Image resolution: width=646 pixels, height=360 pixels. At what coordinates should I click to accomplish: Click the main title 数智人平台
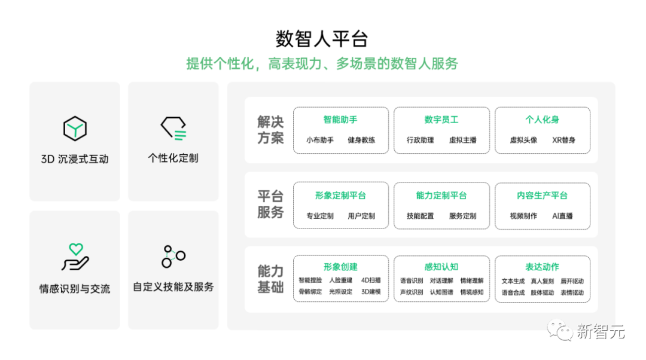click(322, 39)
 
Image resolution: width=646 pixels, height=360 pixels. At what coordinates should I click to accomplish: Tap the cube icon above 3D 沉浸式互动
click(75, 129)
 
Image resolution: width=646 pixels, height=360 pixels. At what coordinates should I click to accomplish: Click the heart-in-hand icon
click(75, 257)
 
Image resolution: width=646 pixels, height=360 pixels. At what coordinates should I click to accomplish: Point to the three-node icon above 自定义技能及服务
click(173, 256)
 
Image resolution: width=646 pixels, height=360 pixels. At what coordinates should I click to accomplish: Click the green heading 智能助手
click(340, 120)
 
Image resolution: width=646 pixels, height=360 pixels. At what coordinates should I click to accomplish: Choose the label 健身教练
click(361, 141)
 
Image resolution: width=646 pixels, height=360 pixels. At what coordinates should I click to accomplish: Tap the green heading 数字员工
click(441, 120)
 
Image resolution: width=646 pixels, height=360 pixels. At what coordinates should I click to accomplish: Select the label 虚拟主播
click(462, 141)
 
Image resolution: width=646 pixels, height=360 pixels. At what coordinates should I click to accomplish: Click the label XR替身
click(563, 141)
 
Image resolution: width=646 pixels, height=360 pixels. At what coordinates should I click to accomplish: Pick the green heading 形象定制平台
click(340, 196)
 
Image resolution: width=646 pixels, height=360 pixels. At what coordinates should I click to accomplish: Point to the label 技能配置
click(420, 216)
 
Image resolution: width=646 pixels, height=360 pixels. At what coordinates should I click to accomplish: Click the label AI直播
click(562, 216)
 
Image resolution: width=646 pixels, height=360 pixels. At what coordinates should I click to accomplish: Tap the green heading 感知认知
click(441, 267)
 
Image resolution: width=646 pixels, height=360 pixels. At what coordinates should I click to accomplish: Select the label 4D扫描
click(371, 280)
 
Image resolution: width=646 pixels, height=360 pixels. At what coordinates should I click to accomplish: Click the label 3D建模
click(371, 292)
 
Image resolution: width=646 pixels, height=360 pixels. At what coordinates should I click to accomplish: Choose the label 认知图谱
click(441, 292)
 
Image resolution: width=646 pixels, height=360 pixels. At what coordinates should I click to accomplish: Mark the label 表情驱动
click(572, 292)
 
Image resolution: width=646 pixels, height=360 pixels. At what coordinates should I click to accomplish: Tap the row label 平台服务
click(270, 204)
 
